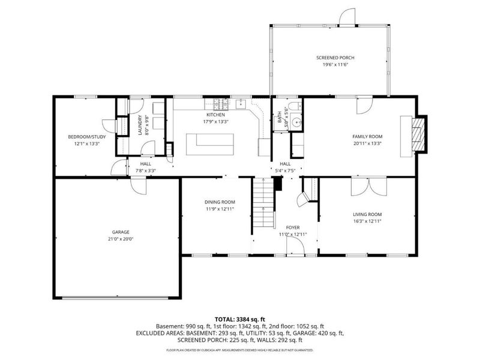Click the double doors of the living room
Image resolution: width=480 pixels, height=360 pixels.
367,186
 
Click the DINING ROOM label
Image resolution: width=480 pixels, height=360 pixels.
220,202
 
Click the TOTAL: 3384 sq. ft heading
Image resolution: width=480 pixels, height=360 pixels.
239,319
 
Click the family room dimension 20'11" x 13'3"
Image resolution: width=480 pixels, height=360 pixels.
367,143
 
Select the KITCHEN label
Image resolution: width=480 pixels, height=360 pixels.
215,115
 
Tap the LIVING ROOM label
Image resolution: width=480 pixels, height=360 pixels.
367,214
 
